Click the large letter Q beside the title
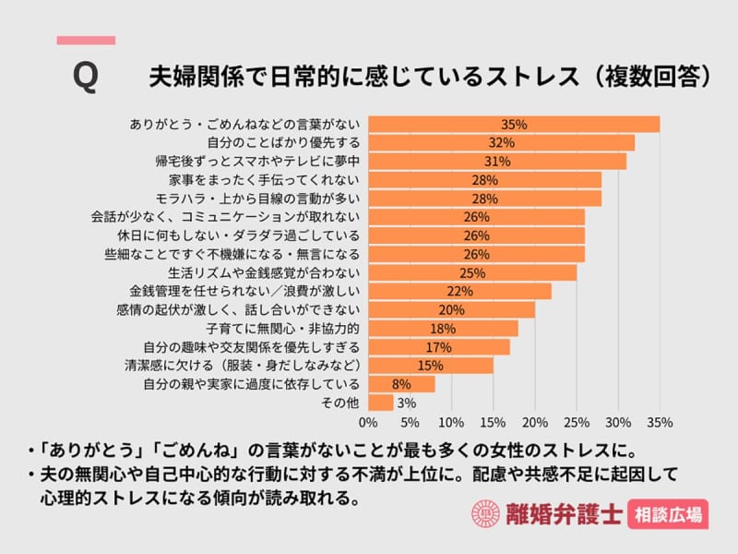[85, 77]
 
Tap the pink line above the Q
[86, 41]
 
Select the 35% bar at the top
[514, 125]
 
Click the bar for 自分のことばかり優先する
[501, 143]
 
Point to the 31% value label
[497, 162]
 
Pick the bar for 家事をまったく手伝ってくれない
[484, 180]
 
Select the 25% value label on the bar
[472, 273]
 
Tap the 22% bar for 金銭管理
[459, 292]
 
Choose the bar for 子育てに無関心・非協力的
[443, 329]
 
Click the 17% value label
[438, 347]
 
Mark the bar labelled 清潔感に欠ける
[431, 366]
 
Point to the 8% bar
[401, 384]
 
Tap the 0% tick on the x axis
[368, 424]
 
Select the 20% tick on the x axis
[535, 424]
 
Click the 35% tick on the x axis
[660, 424]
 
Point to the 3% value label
[406, 403]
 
